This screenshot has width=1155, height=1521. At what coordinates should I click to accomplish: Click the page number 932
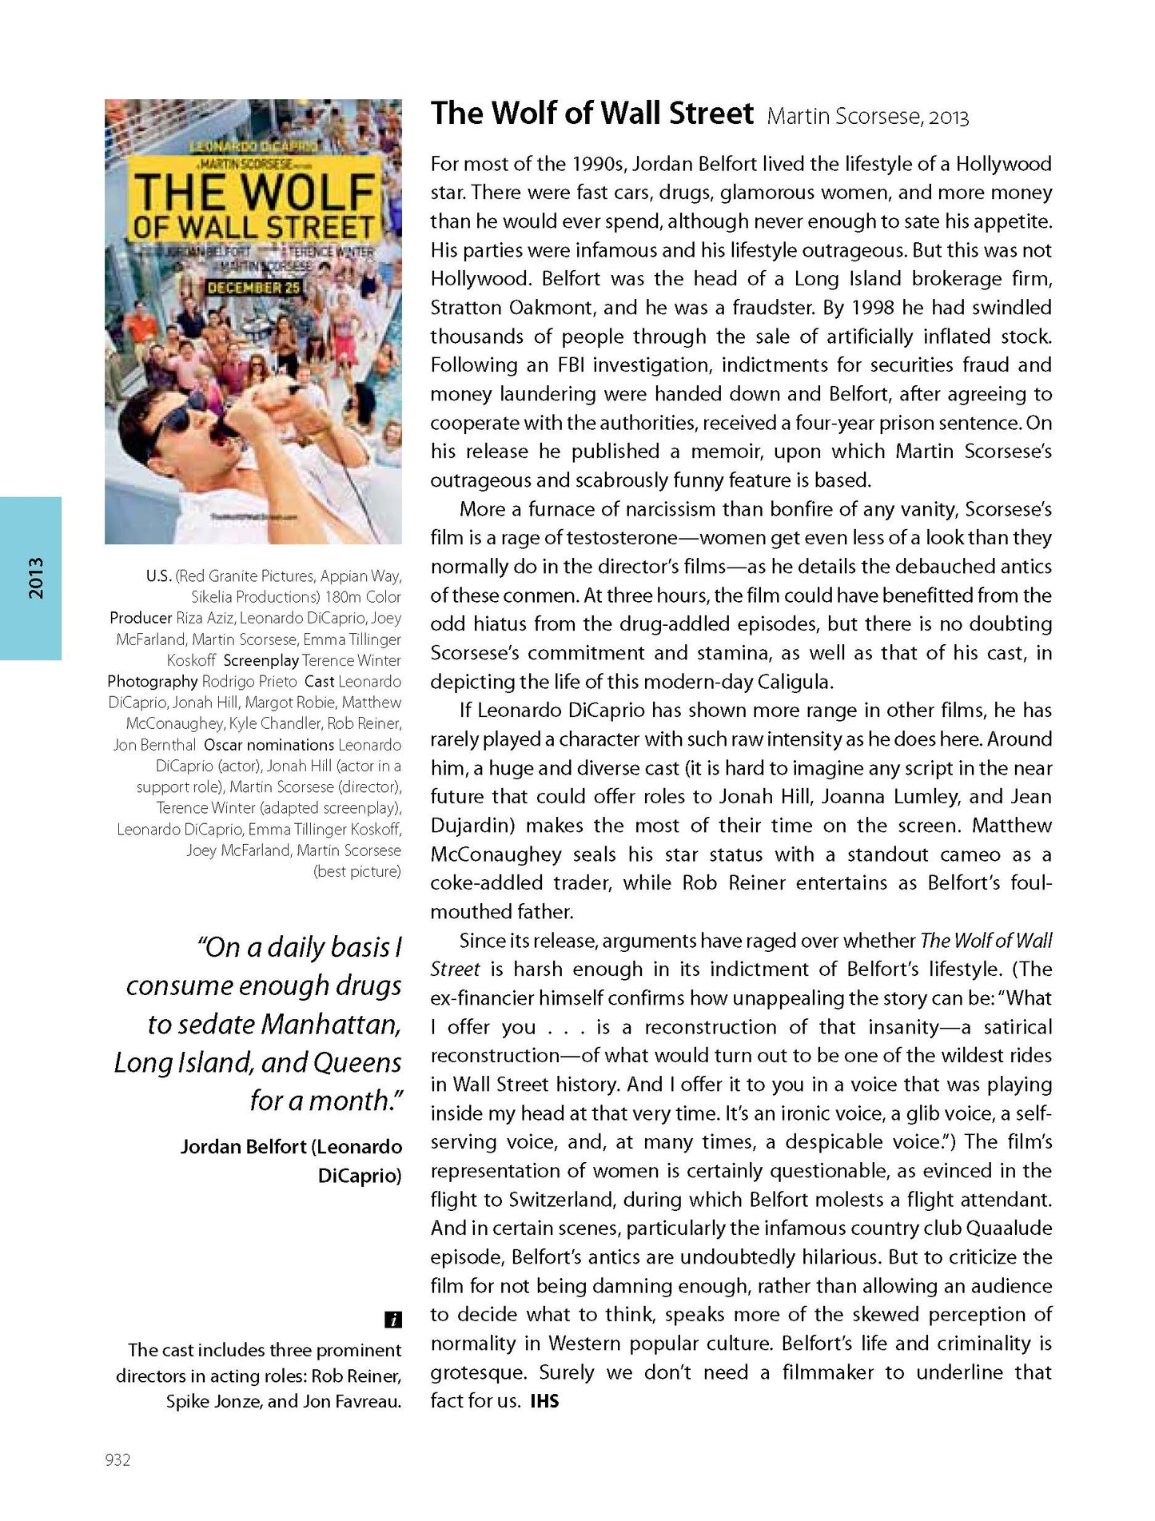(x=117, y=1459)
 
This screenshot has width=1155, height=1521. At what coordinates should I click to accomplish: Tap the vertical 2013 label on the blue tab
(x=35, y=578)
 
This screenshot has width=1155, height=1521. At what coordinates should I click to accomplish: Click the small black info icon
(x=392, y=1320)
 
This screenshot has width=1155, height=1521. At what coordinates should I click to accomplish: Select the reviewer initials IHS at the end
(x=544, y=1400)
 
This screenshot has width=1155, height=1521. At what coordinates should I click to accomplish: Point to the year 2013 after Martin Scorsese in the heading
(x=949, y=117)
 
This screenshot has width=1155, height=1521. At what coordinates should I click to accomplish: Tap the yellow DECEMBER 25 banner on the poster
(x=254, y=286)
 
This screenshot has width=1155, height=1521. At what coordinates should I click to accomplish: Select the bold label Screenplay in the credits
(x=261, y=660)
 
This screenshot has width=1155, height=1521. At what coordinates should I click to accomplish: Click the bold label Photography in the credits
(x=153, y=681)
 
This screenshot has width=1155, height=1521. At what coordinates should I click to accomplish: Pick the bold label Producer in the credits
(x=141, y=618)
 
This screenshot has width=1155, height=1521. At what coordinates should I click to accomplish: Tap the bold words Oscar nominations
(x=269, y=745)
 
